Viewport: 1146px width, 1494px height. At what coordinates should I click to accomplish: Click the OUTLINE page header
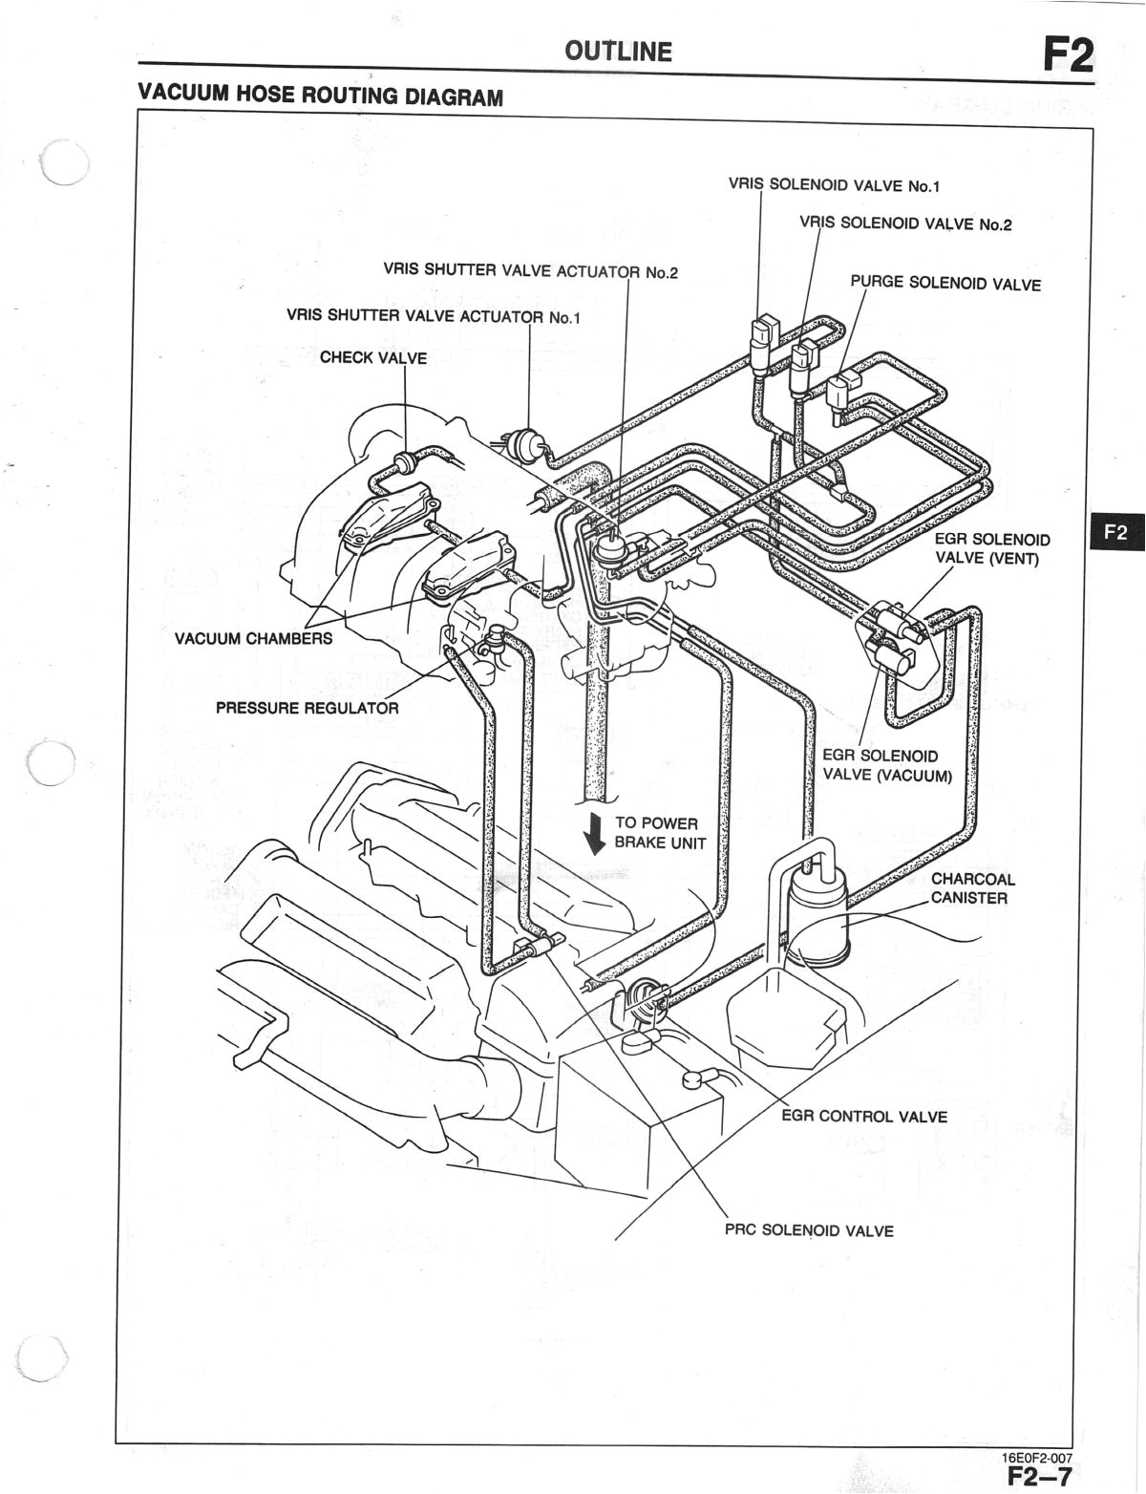[618, 52]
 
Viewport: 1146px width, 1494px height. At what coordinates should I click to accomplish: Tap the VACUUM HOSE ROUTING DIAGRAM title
[320, 96]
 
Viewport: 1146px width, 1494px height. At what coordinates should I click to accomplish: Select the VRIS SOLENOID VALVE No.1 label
[834, 185]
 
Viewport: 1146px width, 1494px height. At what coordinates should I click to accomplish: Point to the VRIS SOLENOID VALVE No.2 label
[905, 224]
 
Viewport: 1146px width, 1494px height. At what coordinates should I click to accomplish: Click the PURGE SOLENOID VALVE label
[944, 284]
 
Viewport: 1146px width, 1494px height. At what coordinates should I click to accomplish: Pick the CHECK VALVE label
[373, 358]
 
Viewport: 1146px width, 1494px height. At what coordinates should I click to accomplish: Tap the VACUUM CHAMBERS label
[253, 638]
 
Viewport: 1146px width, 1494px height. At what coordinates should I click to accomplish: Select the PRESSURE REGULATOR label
[307, 708]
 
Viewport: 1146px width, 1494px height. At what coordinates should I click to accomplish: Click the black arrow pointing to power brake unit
[596, 833]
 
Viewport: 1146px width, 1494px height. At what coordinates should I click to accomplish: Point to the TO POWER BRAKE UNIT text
[659, 833]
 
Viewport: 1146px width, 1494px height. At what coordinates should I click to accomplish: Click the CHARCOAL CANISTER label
[972, 888]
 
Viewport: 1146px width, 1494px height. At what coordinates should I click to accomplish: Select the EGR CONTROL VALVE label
[863, 1117]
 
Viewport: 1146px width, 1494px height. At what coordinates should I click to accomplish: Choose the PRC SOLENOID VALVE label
[809, 1230]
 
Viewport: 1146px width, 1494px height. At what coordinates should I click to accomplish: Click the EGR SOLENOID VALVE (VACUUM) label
[886, 765]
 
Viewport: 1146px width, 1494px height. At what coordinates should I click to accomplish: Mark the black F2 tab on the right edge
[1115, 533]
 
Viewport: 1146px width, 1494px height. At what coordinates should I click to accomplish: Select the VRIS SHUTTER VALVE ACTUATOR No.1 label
[433, 316]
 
